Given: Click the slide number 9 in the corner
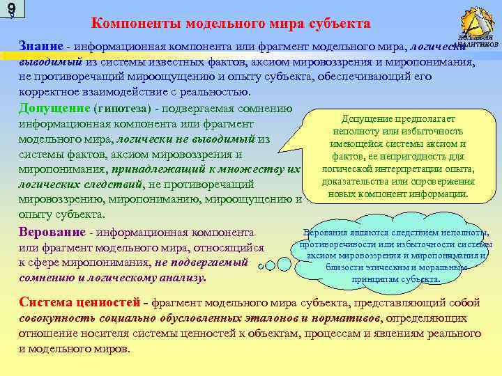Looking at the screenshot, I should (x=10, y=10).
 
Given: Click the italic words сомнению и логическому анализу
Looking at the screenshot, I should (x=112, y=278).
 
